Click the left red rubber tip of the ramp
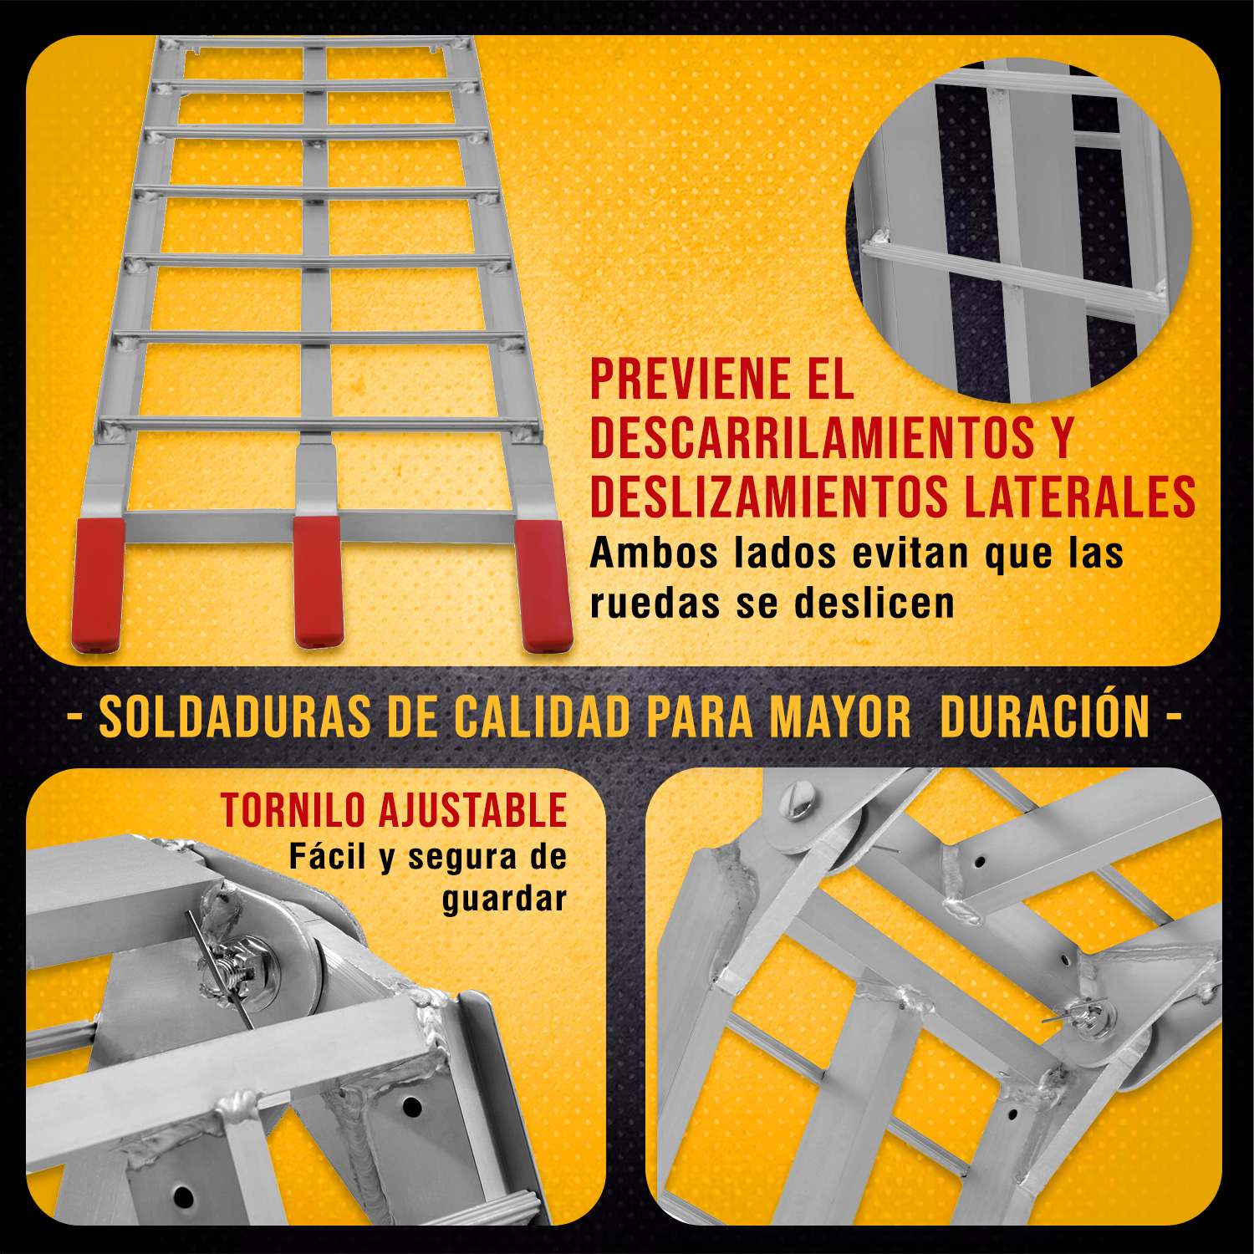(x=98, y=584)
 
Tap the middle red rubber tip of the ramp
(x=318, y=581)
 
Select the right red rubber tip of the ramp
(x=544, y=585)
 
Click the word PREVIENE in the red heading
(x=689, y=380)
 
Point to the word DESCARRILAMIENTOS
(x=812, y=438)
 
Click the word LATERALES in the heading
(x=1079, y=497)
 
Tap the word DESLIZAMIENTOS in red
(x=769, y=497)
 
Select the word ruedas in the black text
(x=655, y=604)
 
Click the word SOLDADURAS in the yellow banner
(x=235, y=718)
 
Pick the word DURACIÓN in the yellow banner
(x=1045, y=718)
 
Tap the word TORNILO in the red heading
(x=293, y=811)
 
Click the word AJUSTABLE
(x=473, y=811)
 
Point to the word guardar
(x=504, y=900)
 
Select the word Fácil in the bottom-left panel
(x=327, y=857)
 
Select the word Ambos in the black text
(x=654, y=553)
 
